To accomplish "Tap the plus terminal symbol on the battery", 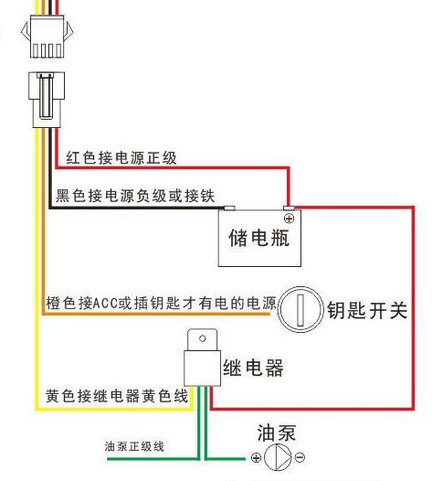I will [x=289, y=219].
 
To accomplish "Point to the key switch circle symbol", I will [x=300, y=311].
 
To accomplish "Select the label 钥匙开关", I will [x=366, y=311].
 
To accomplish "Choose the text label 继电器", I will [x=253, y=369].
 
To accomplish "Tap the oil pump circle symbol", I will [x=278, y=456].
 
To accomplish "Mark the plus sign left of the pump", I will [x=256, y=457].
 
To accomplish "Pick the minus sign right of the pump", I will [x=300, y=457].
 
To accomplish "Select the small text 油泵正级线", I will [x=134, y=446].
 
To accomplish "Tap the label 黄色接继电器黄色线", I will [x=116, y=396].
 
